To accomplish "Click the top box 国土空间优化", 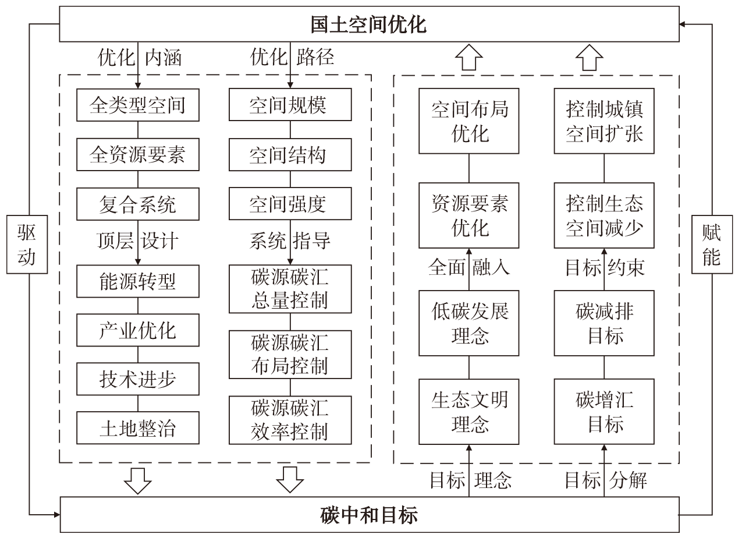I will click(x=369, y=25).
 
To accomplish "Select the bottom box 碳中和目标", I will click(x=369, y=515).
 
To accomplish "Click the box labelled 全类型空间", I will click(x=137, y=105).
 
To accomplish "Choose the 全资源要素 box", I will click(x=137, y=154).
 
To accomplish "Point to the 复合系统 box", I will click(x=137, y=204).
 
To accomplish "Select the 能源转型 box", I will click(x=137, y=282).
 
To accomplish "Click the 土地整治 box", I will click(x=137, y=428).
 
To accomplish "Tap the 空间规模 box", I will click(x=290, y=105).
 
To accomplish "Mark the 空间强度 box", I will click(x=290, y=204).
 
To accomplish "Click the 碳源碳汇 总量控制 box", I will click(x=290, y=288).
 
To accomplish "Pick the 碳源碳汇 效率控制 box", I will click(x=290, y=420).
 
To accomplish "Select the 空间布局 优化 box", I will click(x=469, y=121).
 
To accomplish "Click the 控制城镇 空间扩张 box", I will click(x=605, y=121).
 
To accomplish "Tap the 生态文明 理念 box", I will click(x=469, y=411).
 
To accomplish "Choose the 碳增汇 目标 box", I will click(x=605, y=411).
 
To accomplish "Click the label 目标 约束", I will click(x=605, y=267).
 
